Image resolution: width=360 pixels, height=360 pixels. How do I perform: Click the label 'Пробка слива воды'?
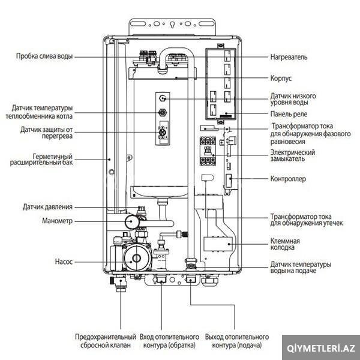pos(44,56)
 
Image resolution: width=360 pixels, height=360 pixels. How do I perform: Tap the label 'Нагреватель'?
pos(289,57)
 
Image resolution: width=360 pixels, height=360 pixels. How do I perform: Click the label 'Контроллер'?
pos(288,179)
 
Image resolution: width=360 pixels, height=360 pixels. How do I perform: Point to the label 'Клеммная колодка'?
pos(285,244)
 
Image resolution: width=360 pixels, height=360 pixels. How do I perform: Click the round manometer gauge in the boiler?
pos(133,221)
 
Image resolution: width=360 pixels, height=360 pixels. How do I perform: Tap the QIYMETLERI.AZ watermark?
pos(322,348)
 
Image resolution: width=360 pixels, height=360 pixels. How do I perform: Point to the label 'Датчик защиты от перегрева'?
pos(47,133)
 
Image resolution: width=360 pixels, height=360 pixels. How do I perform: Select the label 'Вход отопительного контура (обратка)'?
pos(169,341)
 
